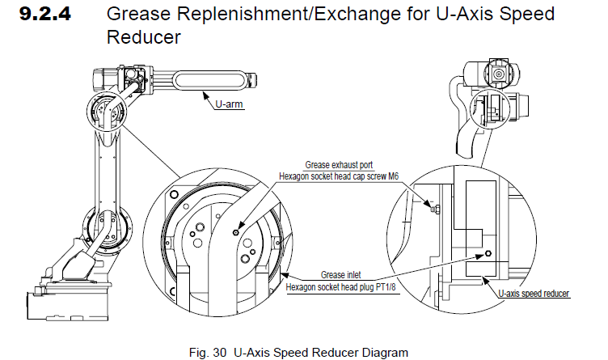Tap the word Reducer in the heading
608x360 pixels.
pos(142,37)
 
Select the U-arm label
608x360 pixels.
pos(229,104)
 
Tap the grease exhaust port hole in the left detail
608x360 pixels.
pos(235,231)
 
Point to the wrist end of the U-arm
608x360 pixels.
pos(252,79)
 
